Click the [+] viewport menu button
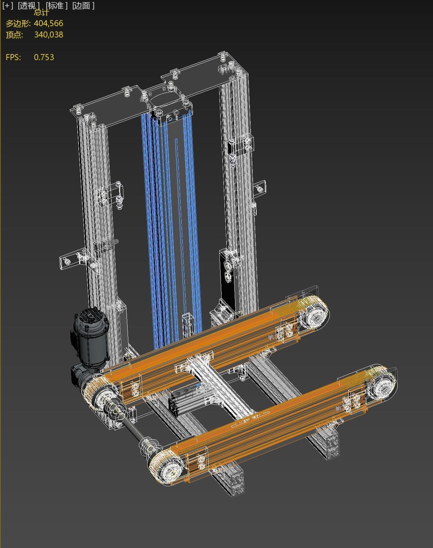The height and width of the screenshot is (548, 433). pyautogui.click(x=7, y=6)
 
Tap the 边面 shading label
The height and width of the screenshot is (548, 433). pyautogui.click(x=83, y=6)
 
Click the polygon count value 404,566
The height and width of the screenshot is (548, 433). pyautogui.click(x=48, y=23)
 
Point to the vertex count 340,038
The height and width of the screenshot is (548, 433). pyautogui.click(x=48, y=35)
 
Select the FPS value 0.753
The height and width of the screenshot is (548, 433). pyautogui.click(x=44, y=57)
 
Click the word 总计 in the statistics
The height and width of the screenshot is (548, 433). pyautogui.click(x=41, y=13)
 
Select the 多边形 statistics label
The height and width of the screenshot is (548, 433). pyautogui.click(x=18, y=23)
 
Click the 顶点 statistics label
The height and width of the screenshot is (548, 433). pyautogui.click(x=14, y=35)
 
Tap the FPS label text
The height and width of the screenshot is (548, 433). pyautogui.click(x=13, y=57)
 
